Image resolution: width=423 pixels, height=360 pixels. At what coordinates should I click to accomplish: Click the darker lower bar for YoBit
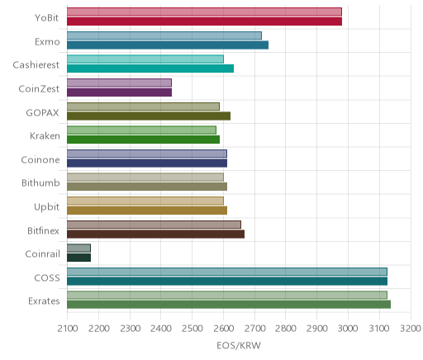[204, 21]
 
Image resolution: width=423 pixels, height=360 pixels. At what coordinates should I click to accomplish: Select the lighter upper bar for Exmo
[164, 36]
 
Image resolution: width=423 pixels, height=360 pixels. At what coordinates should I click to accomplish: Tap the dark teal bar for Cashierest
[150, 69]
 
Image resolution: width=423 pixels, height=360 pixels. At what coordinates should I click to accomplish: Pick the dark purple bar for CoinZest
[119, 92]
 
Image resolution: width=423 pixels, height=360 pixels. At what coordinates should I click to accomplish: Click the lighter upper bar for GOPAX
[143, 107]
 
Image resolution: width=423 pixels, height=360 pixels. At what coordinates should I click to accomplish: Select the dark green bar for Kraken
[143, 140]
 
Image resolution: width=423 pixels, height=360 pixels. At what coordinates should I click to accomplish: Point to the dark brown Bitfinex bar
[155, 234]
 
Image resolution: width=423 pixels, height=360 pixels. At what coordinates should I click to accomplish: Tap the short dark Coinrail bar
[78, 258]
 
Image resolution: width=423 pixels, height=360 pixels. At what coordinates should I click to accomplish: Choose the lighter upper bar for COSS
[227, 272]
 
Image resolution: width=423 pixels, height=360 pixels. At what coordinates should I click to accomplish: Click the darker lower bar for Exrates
[229, 305]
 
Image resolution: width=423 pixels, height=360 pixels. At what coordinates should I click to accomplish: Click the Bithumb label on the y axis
[40, 183]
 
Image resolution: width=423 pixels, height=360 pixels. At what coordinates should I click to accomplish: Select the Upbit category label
[46, 207]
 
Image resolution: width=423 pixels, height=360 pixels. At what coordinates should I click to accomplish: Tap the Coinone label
[40, 160]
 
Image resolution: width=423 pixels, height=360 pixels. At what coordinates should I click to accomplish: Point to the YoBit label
[46, 18]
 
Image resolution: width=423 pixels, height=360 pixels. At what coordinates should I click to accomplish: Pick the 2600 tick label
[223, 329]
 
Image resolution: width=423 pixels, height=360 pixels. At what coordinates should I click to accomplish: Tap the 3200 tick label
[411, 329]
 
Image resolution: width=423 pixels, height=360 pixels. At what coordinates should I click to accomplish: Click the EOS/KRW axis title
[239, 346]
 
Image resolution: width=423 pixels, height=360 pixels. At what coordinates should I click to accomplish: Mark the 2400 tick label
[161, 329]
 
